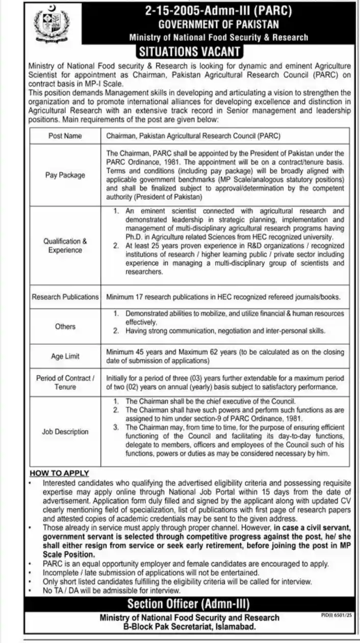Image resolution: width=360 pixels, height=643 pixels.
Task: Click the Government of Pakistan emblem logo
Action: [50, 24]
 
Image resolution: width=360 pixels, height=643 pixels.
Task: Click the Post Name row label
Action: [65, 136]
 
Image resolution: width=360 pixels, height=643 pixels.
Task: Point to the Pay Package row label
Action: [65, 175]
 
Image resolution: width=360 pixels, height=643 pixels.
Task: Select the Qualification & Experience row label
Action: [65, 246]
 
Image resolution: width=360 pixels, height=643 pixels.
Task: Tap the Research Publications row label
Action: [65, 296]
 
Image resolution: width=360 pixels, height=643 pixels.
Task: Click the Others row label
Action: [65, 326]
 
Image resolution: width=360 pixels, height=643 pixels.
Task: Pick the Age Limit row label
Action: [65, 356]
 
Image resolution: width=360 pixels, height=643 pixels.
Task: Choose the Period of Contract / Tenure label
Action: [65, 382]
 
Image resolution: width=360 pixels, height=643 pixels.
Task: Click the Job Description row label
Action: [65, 431]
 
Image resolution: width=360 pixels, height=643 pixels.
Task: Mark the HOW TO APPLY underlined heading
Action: [59, 473]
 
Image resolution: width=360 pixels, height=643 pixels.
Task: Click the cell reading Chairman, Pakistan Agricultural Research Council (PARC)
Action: [194, 136]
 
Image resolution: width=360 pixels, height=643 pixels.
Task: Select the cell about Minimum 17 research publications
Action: [223, 296]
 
